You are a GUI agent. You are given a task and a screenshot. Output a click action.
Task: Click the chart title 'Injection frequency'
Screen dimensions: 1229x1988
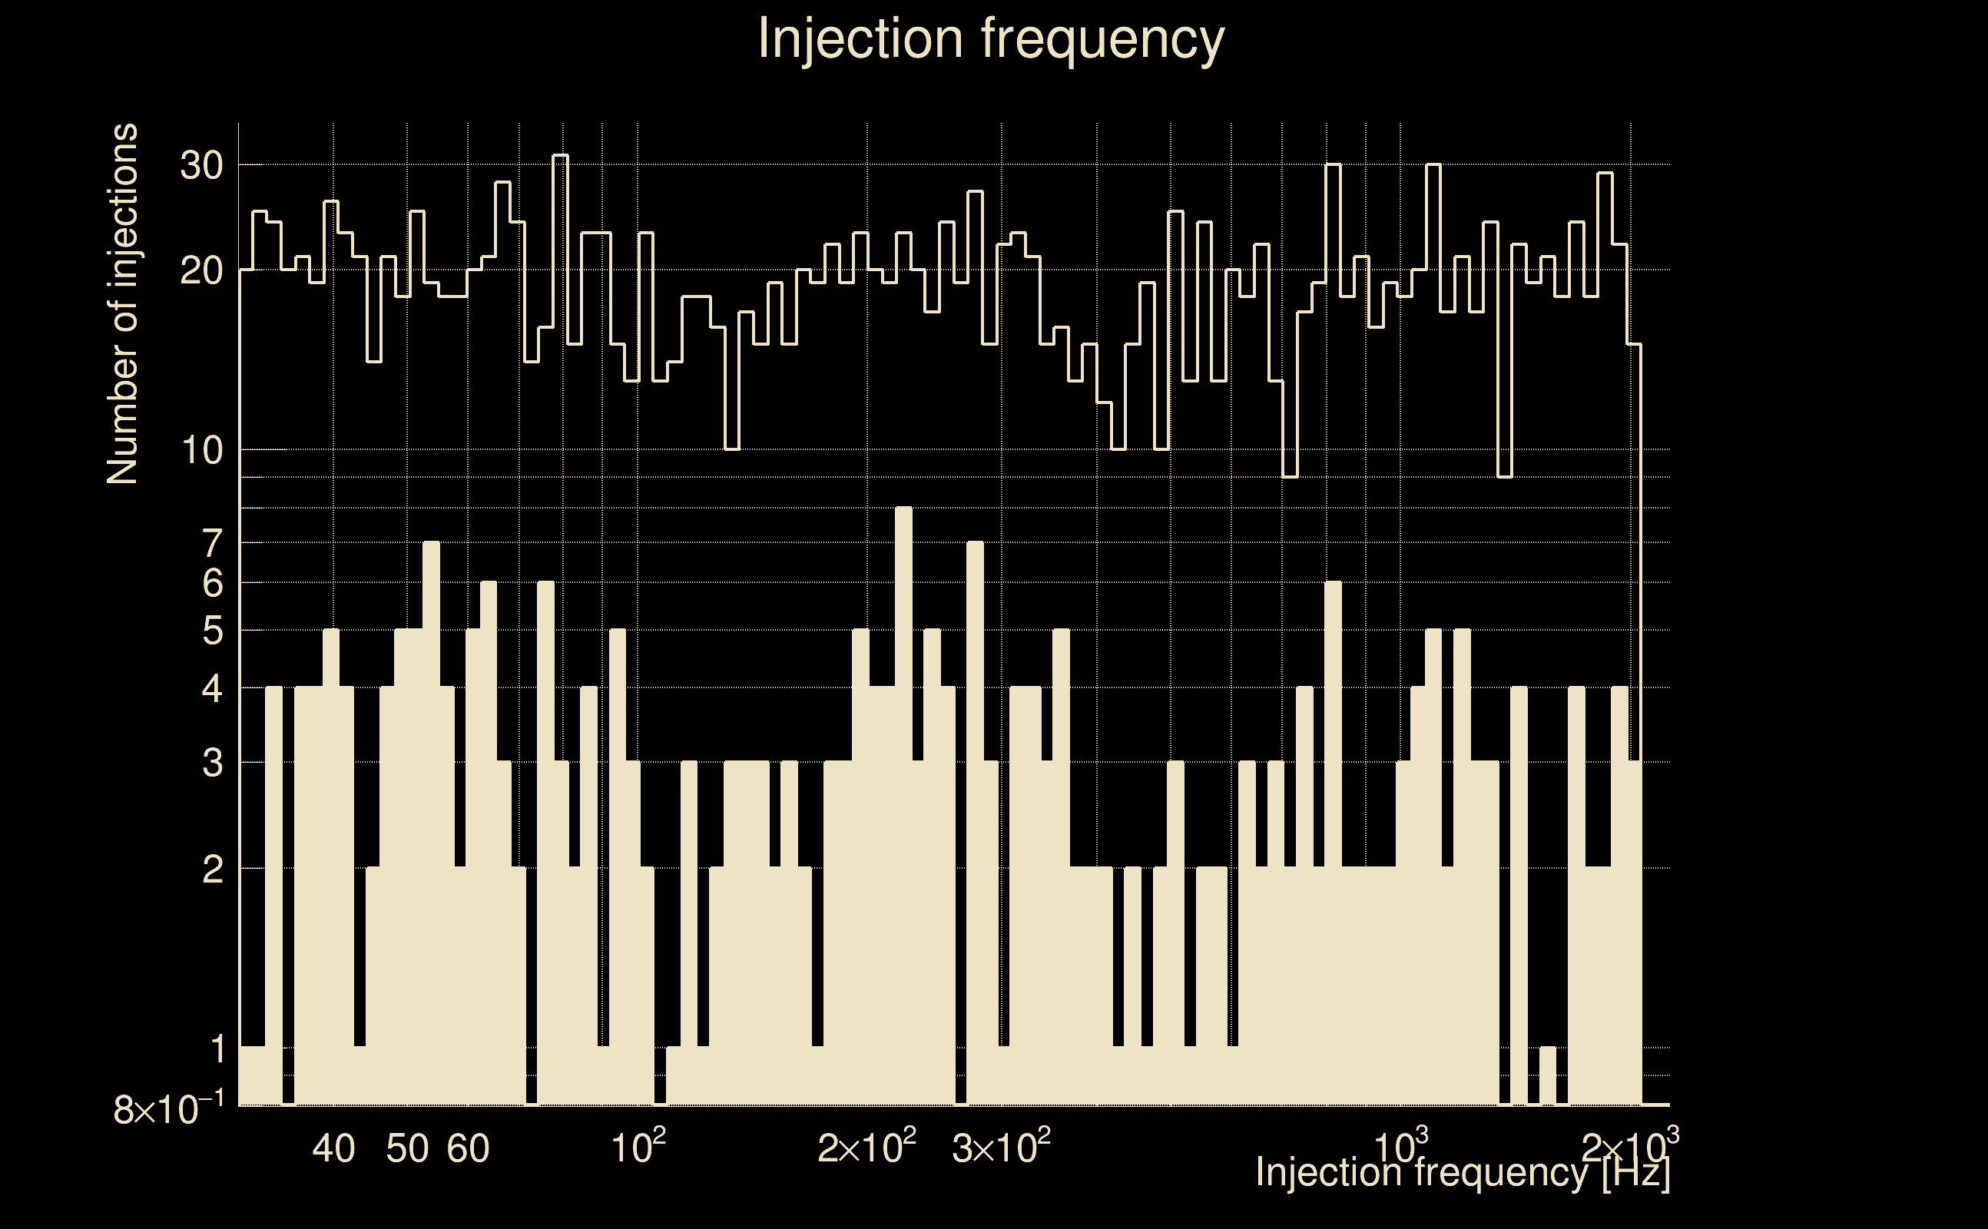pos(991,39)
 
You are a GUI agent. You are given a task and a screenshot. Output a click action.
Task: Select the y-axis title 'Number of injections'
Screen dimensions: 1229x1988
pos(122,304)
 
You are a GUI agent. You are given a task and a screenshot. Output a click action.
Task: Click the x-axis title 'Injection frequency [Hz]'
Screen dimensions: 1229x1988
pos(1462,1172)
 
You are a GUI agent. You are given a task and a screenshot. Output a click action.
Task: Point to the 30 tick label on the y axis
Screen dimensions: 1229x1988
pos(200,166)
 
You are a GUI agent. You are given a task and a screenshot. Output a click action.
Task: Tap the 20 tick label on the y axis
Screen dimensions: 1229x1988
pos(200,270)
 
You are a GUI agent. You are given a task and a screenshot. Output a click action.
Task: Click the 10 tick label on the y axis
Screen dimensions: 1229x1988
pos(200,450)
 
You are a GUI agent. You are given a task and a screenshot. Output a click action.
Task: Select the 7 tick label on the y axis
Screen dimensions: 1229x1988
pos(212,543)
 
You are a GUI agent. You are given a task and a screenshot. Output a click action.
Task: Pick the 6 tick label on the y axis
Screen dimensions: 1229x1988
pos(212,584)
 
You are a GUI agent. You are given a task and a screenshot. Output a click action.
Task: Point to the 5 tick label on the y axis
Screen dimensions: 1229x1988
pos(212,631)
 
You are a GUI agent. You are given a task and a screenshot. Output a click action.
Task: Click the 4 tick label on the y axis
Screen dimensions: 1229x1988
pos(212,689)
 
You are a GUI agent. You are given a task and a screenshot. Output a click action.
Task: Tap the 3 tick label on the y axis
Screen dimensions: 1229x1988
pos(212,764)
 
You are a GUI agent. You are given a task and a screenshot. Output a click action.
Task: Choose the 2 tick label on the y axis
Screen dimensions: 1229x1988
pos(212,870)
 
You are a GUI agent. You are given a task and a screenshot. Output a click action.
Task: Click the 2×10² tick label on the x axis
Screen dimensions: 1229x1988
pos(866,1148)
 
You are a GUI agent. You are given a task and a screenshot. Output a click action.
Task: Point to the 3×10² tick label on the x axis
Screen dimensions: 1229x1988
pos(1000,1148)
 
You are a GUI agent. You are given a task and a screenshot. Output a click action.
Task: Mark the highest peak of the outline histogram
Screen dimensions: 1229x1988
pos(560,156)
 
